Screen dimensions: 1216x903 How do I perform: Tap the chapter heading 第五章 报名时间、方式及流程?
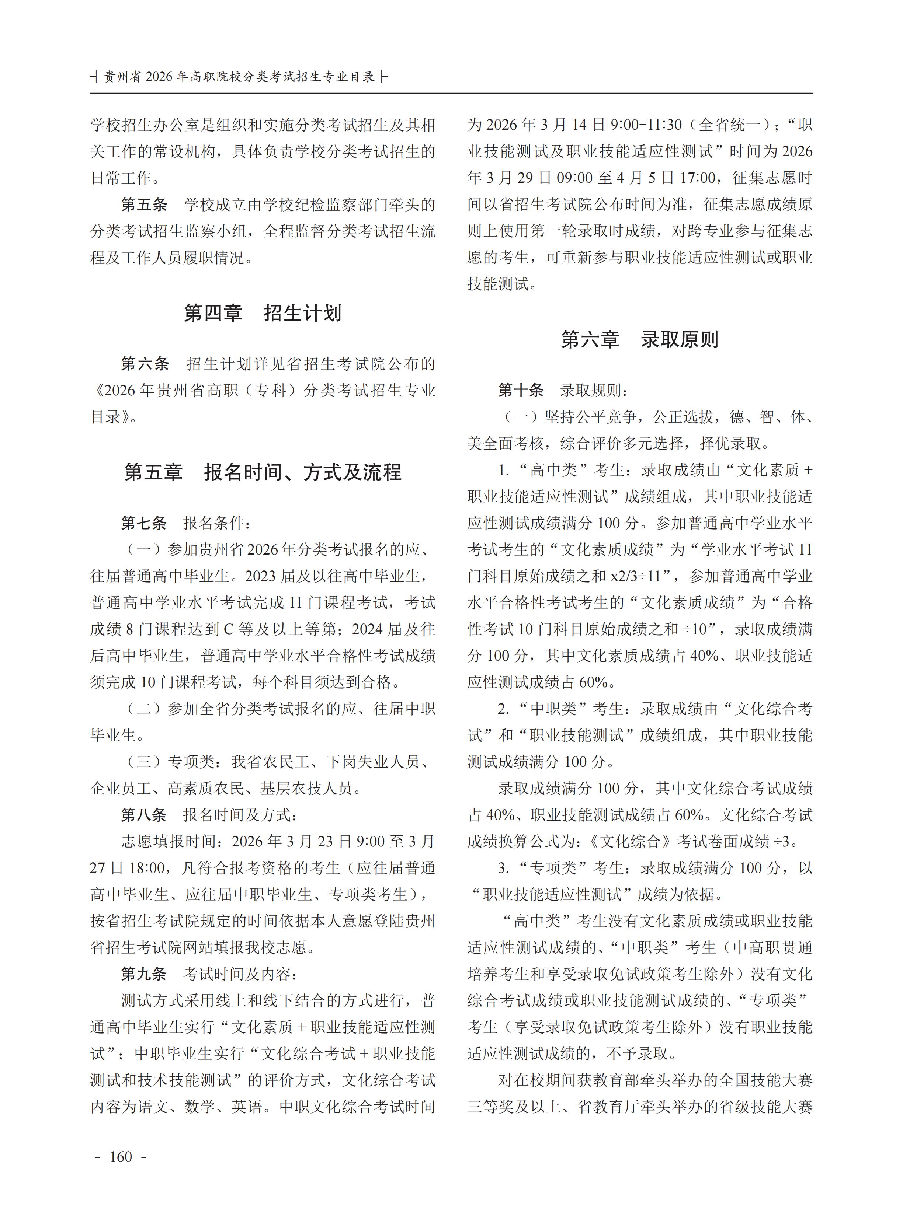(263, 472)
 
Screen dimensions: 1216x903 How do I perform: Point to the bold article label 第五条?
(144, 205)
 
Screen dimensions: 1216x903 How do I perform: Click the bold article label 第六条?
(145, 364)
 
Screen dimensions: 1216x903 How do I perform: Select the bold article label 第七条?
(144, 523)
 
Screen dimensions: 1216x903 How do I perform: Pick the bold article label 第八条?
(144, 815)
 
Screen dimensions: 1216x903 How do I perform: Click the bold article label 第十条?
(521, 391)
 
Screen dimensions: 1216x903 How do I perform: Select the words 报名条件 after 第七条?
(213, 523)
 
